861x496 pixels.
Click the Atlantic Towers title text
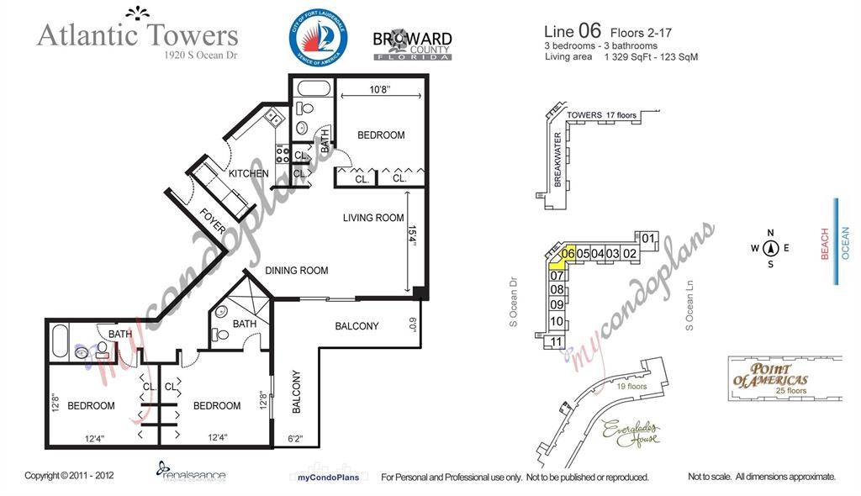138,35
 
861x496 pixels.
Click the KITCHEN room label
249,174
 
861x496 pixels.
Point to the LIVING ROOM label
373,218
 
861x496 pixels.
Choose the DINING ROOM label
296,271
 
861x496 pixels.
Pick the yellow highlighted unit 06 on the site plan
568,254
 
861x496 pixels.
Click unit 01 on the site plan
648,239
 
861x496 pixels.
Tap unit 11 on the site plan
556,341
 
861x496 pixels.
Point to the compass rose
770,248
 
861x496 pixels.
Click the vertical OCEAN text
845,243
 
